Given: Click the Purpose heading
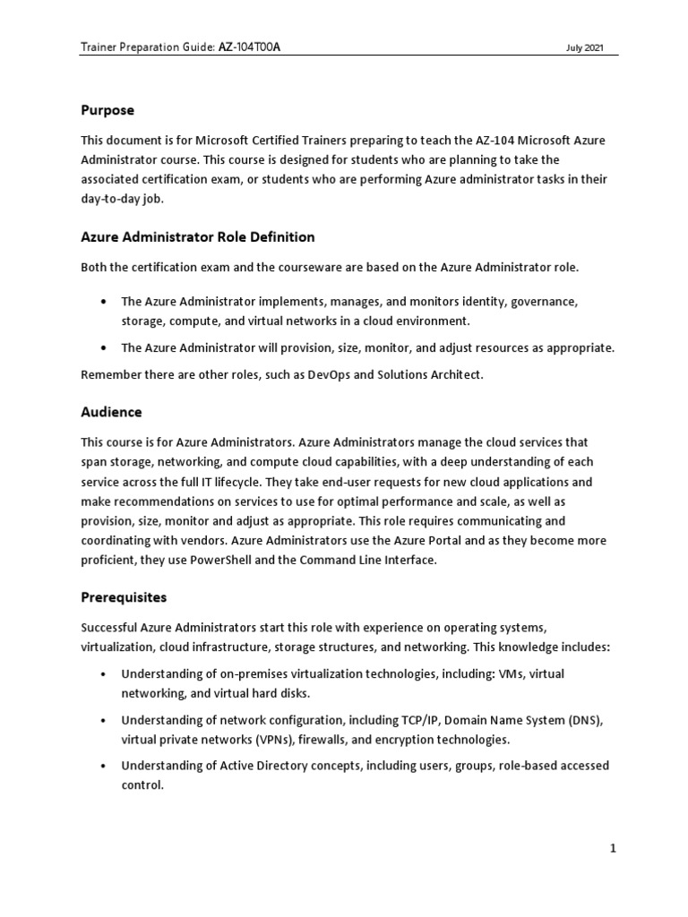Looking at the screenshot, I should click(107, 110).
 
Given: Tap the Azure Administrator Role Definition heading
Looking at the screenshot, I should click(197, 237).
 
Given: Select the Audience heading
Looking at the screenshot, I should click(111, 413).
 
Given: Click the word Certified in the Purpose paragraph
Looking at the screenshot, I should click(276, 141).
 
